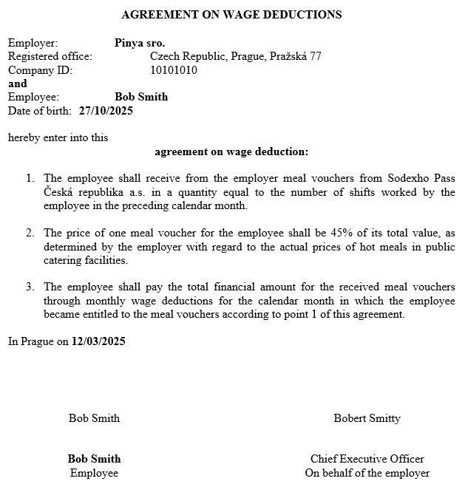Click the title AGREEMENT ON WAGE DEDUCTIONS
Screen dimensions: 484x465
[x=231, y=14]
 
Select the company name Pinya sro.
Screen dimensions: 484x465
[x=140, y=43]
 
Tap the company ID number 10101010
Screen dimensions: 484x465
[x=174, y=70]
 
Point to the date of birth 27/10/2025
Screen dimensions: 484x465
[x=106, y=111]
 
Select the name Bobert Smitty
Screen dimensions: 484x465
[x=367, y=418]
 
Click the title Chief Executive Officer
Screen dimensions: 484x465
[x=367, y=459]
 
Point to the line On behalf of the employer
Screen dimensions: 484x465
[x=367, y=473]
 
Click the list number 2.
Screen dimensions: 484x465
[x=30, y=233]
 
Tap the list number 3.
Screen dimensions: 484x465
[x=30, y=287]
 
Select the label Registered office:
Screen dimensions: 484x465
[x=50, y=56]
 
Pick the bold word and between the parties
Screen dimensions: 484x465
[x=17, y=83]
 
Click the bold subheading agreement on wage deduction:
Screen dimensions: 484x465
[x=231, y=152]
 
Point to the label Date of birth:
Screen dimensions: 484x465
[x=40, y=111]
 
